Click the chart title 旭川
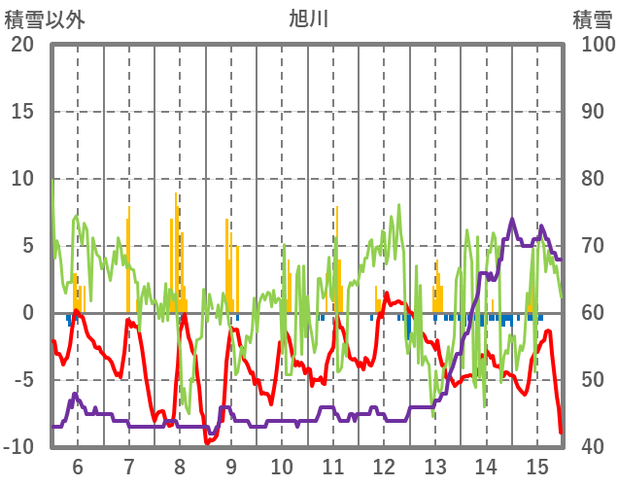pos(308,18)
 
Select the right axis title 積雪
pos(590,18)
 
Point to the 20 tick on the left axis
pos(22,45)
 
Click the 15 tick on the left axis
pos(22,112)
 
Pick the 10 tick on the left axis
pos(22,179)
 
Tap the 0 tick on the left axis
pos(28,313)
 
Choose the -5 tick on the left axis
pos(22,380)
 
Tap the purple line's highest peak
pos(513,220)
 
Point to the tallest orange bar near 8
pos(176,194)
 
